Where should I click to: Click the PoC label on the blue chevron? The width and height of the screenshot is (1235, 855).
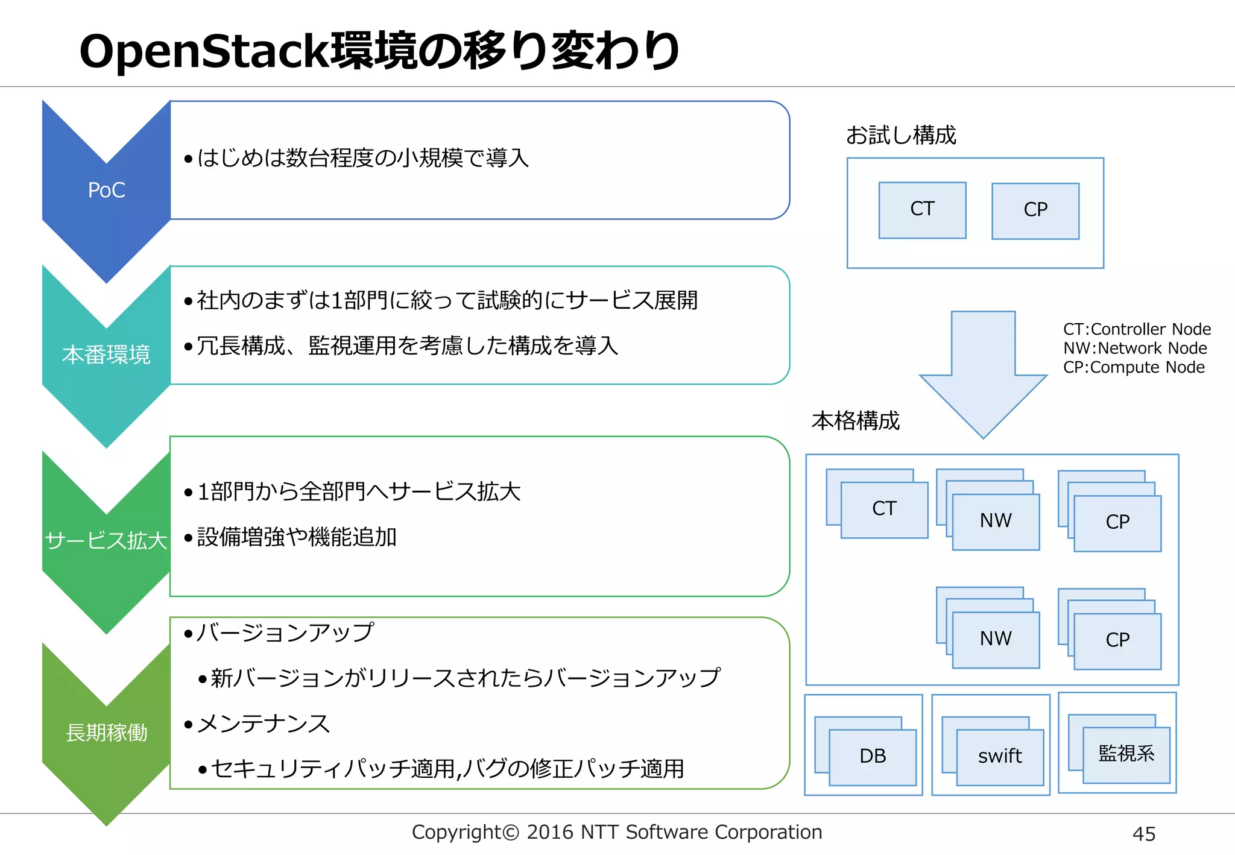click(106, 191)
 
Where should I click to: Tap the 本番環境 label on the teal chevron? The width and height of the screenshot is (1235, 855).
click(106, 355)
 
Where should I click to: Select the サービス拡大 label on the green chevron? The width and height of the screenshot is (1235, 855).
click(106, 540)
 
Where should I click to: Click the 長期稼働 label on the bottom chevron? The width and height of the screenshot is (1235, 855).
click(106, 733)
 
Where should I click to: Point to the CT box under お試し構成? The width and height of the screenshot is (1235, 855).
click(922, 209)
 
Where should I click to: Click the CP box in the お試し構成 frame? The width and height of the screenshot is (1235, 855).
click(1035, 210)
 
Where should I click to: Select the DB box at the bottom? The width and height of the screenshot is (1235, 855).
click(873, 756)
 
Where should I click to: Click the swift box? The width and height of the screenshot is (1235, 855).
click(1000, 756)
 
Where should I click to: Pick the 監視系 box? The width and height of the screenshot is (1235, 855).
click(1126, 754)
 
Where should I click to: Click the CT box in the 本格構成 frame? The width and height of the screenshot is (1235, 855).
click(884, 509)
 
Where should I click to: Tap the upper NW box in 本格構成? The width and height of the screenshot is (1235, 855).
click(996, 521)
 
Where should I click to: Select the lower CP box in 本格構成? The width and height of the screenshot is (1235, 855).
click(1117, 640)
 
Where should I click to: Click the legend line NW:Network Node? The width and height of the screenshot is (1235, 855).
click(1135, 349)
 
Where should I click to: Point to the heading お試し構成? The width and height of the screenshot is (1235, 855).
click(901, 135)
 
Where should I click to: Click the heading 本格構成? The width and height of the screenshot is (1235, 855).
click(855, 421)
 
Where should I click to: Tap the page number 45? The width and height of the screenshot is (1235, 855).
click(1143, 834)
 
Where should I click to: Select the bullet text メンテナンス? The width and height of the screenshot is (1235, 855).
click(264, 724)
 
